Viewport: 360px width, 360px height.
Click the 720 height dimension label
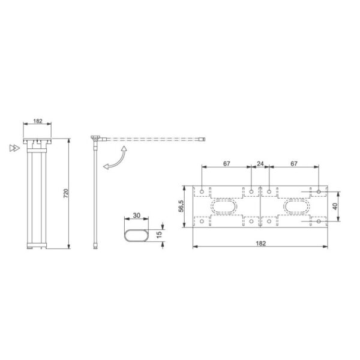66,194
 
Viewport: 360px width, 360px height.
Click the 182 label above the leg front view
38,121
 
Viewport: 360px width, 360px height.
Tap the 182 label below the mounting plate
261,244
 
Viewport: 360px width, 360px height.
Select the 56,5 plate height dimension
181,206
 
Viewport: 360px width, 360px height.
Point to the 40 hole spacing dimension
335,206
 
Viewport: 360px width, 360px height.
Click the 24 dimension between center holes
260,164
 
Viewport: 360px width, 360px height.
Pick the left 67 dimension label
226,164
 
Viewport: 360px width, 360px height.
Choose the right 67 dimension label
294,164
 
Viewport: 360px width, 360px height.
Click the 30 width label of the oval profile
136,215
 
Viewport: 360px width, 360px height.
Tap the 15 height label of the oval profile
159,235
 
